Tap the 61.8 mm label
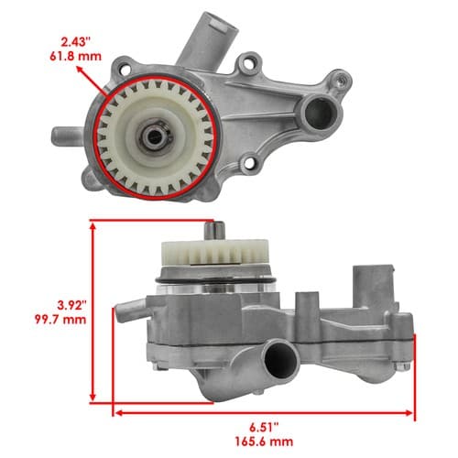click(75, 57)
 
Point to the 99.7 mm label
click(60, 320)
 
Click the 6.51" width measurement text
click(264, 428)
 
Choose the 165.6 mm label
click(264, 442)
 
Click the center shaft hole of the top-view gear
click(155, 136)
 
